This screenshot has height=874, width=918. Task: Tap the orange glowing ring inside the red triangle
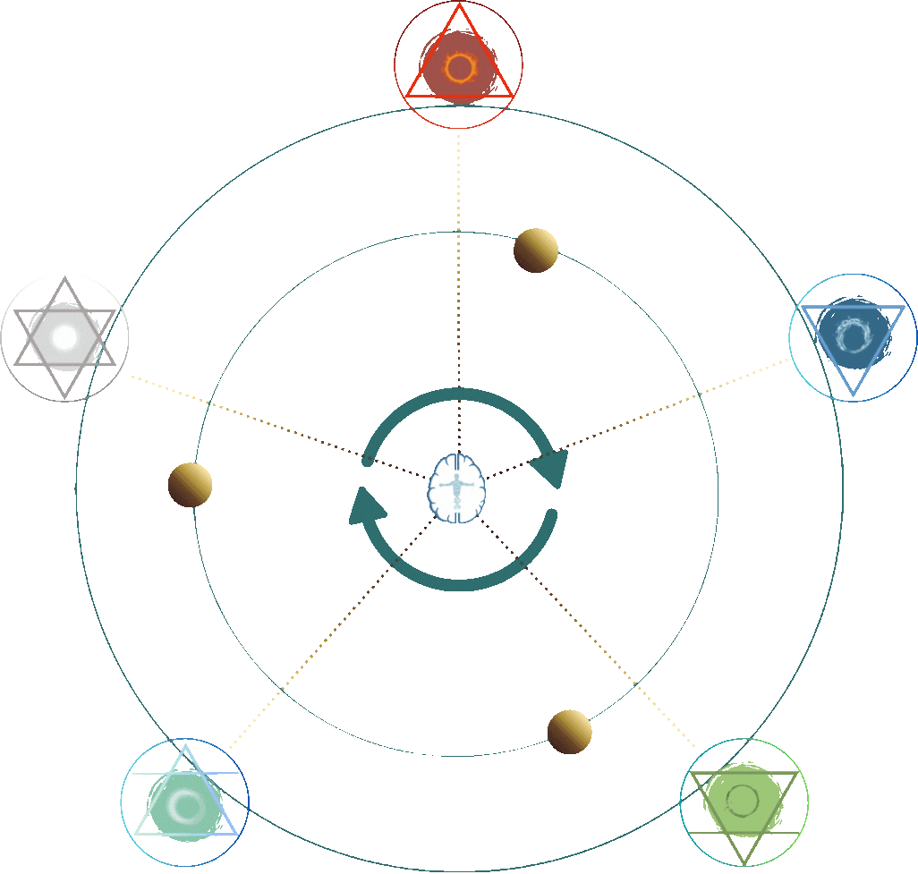[x=459, y=68]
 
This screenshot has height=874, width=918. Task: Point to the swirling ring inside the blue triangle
[x=853, y=335]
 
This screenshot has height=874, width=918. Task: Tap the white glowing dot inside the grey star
[x=64, y=337]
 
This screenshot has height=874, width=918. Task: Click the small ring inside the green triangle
[x=743, y=799]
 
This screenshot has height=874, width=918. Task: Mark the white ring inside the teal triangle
[x=186, y=806]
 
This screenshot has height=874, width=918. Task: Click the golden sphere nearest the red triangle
[x=536, y=250]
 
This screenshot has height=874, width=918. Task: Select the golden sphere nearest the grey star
[x=190, y=486]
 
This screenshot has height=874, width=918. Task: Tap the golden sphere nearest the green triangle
[x=570, y=732]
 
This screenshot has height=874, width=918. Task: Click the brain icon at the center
[x=457, y=487]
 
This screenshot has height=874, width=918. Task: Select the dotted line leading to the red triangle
[x=459, y=268]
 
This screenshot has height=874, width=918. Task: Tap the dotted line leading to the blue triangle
[x=644, y=412]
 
